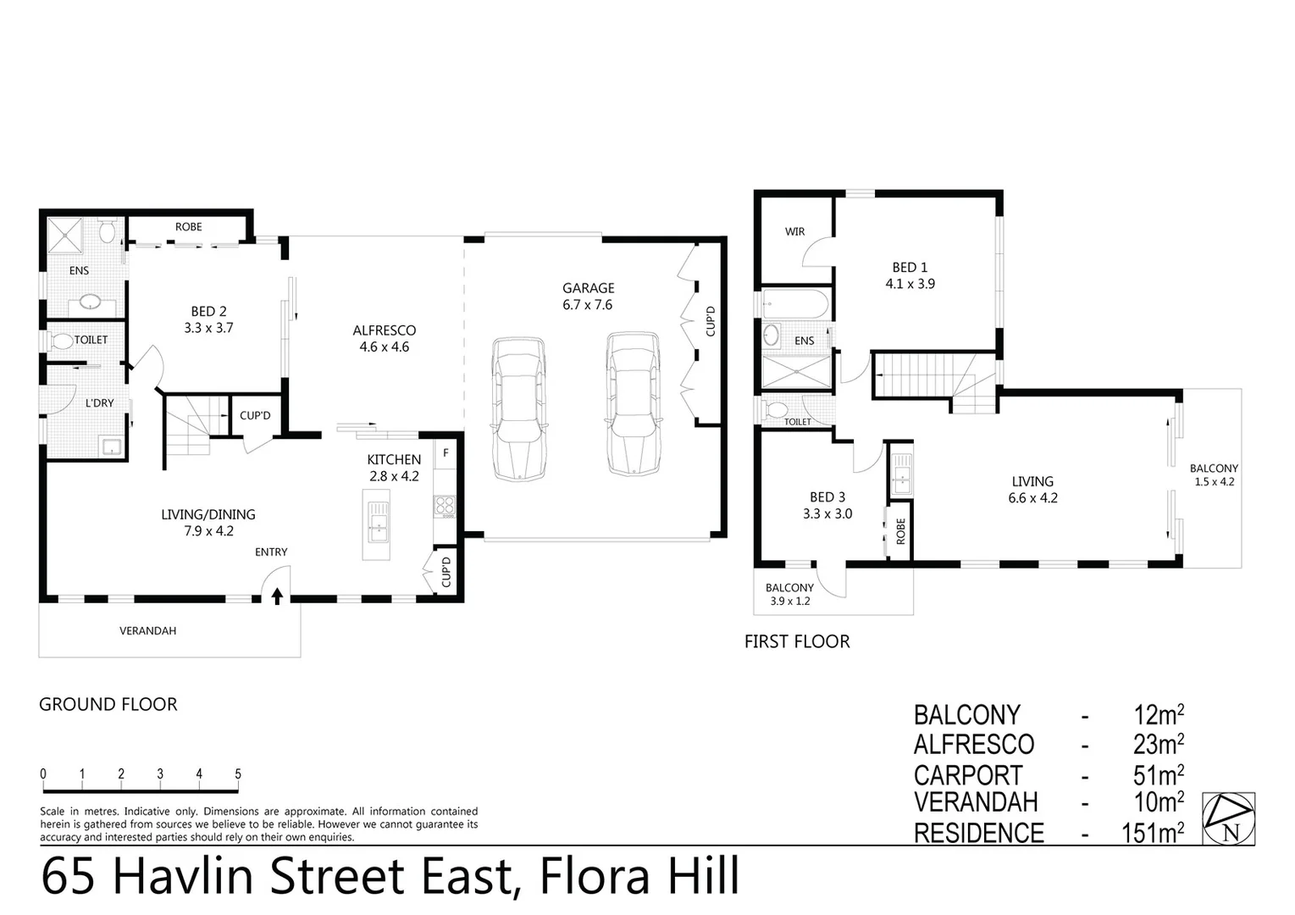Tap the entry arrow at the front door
point(277,596)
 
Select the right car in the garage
point(633,403)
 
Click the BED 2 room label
point(208,319)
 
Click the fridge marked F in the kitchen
point(446,454)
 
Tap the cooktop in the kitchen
point(445,506)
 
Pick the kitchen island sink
point(377,519)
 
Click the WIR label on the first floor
point(794,231)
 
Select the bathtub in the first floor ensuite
point(796,302)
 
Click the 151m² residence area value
point(1152,833)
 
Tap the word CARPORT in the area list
point(967,775)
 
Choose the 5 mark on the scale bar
point(238,774)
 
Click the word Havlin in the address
point(183,876)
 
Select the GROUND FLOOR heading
point(108,704)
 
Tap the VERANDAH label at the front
point(147,631)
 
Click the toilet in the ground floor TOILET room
point(63,341)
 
